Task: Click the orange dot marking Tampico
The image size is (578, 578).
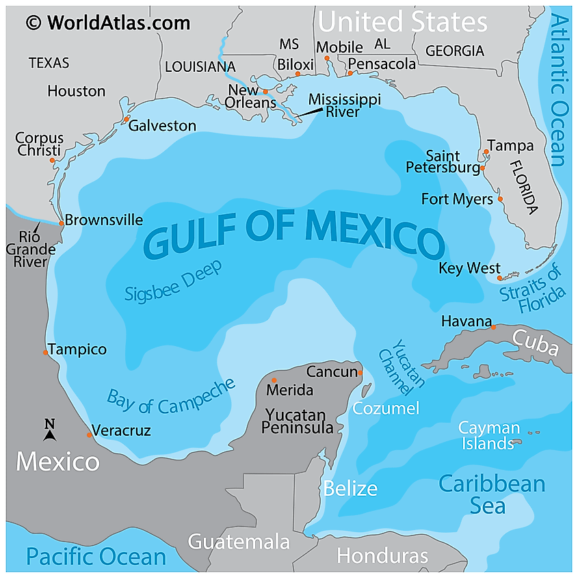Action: (46, 352)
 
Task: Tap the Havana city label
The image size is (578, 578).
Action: (466, 321)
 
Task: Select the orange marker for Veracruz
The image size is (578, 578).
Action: (89, 435)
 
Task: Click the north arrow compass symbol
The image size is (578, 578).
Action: (49, 430)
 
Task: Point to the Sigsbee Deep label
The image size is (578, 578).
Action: (173, 281)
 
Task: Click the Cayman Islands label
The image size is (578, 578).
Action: (488, 436)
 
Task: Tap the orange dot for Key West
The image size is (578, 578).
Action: (500, 278)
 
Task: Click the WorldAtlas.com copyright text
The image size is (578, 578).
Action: (108, 23)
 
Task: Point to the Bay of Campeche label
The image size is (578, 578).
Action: (170, 396)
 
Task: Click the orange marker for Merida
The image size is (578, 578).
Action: (274, 380)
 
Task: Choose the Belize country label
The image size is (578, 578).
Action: (350, 488)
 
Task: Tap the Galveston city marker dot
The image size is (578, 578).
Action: (126, 120)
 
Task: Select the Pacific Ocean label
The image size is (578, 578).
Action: (96, 557)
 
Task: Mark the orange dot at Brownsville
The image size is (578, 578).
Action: (61, 223)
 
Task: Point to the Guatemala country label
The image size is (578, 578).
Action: (239, 542)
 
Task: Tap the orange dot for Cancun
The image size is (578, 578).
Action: (360, 373)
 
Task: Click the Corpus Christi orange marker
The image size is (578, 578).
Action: (52, 161)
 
